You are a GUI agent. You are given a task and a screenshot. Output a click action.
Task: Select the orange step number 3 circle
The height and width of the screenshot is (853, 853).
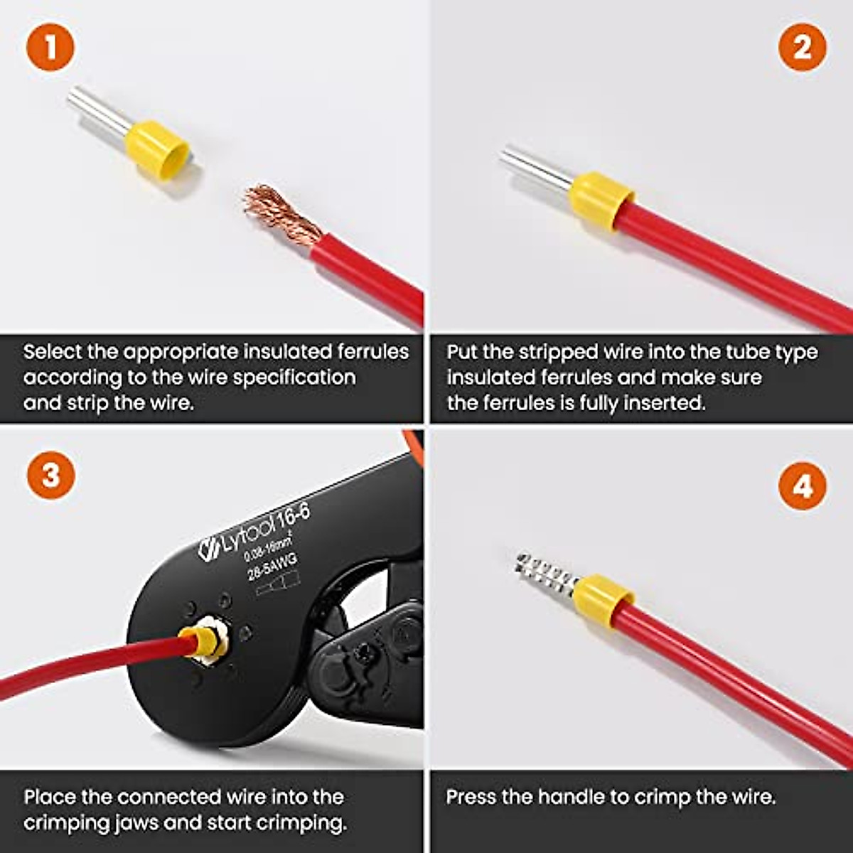[x=50, y=475]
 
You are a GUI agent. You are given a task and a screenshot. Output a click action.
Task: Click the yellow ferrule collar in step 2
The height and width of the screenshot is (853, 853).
[x=601, y=200]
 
